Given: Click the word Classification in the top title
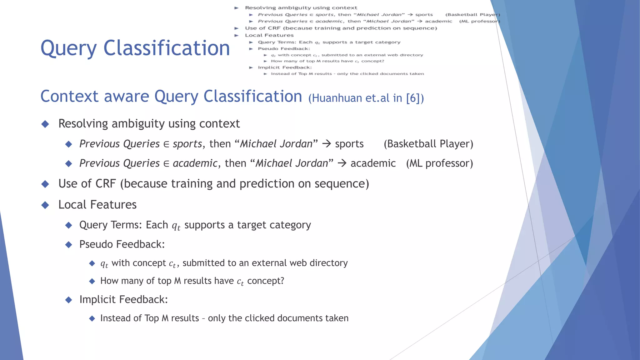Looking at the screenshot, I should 167,48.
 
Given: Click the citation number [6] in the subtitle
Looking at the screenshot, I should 412,98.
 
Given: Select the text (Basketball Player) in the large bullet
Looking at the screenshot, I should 428,144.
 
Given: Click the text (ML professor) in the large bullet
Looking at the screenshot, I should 439,163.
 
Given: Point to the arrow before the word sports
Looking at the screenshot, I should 327,144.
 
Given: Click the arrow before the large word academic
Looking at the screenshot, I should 342,163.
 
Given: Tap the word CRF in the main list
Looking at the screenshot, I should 106,184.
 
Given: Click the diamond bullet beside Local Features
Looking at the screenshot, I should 45,205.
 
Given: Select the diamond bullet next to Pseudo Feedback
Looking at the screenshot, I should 69,244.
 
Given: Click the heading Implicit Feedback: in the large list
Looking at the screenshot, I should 123,299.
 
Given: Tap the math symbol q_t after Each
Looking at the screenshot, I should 176,226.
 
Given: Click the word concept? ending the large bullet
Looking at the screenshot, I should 266,281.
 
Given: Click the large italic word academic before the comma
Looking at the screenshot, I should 195,163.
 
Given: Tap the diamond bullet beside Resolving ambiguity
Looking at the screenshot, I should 45,124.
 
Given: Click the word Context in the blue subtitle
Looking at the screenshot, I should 69,96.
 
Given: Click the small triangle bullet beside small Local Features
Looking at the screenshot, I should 237,35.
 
